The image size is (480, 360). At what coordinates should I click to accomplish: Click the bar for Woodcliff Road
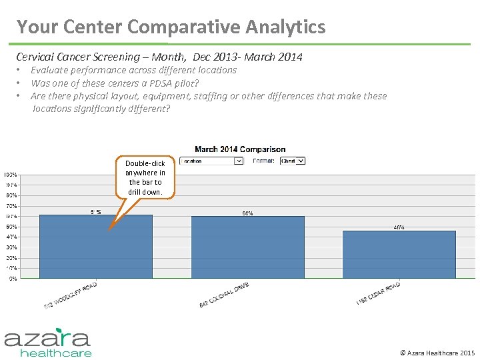pyautogui.click(x=95, y=247)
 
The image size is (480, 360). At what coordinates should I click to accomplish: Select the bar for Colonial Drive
pyautogui.click(x=247, y=247)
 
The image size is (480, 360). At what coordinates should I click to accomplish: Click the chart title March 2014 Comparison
pyautogui.click(x=240, y=149)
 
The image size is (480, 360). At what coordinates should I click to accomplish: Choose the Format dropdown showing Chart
pyautogui.click(x=292, y=161)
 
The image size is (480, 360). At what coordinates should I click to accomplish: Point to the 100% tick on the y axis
pyautogui.click(x=11, y=175)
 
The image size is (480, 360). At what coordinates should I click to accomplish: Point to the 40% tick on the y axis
pyautogui.click(x=13, y=237)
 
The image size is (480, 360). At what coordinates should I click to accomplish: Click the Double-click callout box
pyautogui.click(x=145, y=177)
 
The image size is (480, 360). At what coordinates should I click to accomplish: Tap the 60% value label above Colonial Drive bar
pyautogui.click(x=247, y=213)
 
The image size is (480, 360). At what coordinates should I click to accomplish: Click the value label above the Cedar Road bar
pyautogui.click(x=399, y=228)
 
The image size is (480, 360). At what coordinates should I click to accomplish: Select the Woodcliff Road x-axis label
pyautogui.click(x=71, y=295)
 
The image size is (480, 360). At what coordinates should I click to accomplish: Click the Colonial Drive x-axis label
pyautogui.click(x=224, y=295)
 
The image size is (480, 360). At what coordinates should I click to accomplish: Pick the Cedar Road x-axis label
pyautogui.click(x=378, y=293)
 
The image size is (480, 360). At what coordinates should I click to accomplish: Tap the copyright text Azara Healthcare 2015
pyautogui.click(x=437, y=352)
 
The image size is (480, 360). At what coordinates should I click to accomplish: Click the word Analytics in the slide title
pyautogui.click(x=285, y=27)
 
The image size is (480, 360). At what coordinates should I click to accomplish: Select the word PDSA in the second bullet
pyautogui.click(x=156, y=83)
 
